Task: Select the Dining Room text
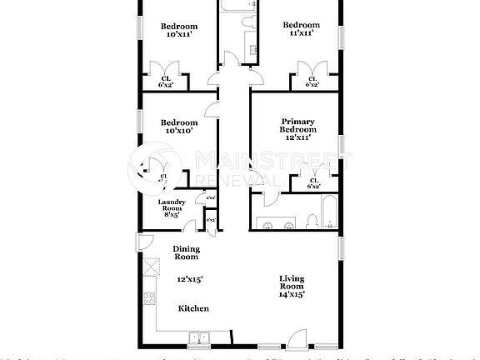click(x=187, y=253)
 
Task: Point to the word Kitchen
click(x=193, y=308)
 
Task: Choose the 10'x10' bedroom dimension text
click(x=179, y=130)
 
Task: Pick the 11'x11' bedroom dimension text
click(x=300, y=33)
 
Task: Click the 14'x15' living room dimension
click(x=292, y=293)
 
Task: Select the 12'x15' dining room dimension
click(x=190, y=280)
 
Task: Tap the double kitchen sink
click(x=198, y=337)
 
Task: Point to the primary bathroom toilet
click(x=310, y=220)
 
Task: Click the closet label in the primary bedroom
click(x=313, y=183)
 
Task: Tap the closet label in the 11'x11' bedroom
click(x=312, y=81)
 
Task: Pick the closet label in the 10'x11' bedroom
click(x=166, y=81)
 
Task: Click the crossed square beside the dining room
click(x=152, y=268)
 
